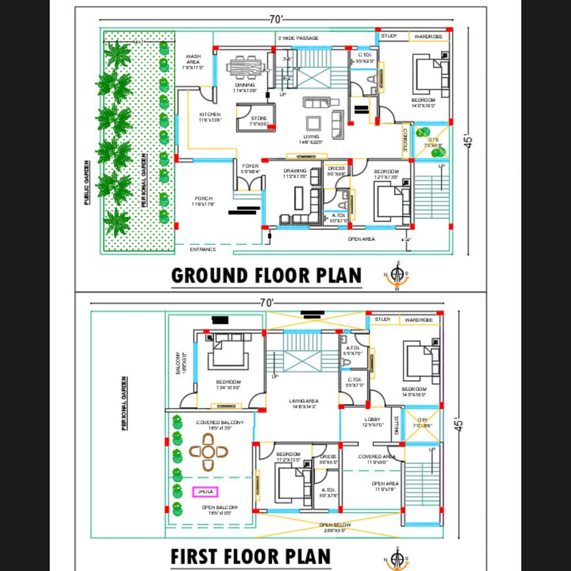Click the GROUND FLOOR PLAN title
[266, 275]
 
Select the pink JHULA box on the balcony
[204, 491]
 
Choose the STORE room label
[258, 118]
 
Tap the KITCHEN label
[210, 116]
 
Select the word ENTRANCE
[203, 249]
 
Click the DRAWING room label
[295, 171]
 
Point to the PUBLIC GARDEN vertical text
[86, 183]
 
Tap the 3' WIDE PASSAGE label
[298, 38]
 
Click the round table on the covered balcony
[208, 451]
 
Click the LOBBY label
[371, 419]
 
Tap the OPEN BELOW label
[333, 524]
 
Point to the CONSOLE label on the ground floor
[405, 141]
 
